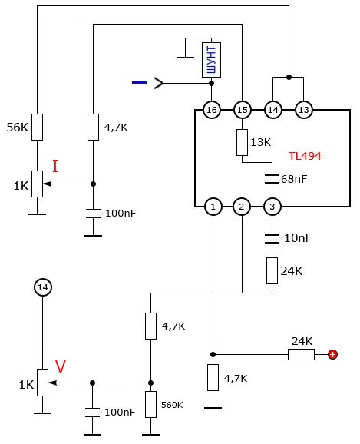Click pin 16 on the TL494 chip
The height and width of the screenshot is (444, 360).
pyautogui.click(x=212, y=110)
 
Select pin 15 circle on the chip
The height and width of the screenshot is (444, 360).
pyautogui.click(x=243, y=110)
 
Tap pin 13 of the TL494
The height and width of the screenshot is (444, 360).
pyautogui.click(x=304, y=110)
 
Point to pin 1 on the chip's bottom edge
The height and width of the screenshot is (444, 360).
pyautogui.click(x=213, y=207)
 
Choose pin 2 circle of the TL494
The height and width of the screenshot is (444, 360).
pyautogui.click(x=242, y=207)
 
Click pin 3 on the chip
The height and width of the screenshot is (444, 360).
pyautogui.click(x=272, y=207)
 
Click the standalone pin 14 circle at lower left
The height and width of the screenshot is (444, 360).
pyautogui.click(x=43, y=287)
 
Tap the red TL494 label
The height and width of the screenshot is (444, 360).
pyautogui.click(x=305, y=156)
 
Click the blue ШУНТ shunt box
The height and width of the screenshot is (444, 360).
pyautogui.click(x=211, y=60)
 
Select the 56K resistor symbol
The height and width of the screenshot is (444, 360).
pyautogui.click(x=37, y=128)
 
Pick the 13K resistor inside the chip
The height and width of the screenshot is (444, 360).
pyautogui.click(x=242, y=142)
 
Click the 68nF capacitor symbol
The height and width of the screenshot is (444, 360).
pyautogui.click(x=272, y=179)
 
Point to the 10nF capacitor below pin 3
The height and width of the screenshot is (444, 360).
pyautogui.click(x=272, y=239)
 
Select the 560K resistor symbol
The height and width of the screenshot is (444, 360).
pyautogui.click(x=151, y=404)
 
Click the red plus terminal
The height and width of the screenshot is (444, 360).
pyautogui.click(x=333, y=354)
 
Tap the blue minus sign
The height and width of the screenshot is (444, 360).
pyautogui.click(x=139, y=82)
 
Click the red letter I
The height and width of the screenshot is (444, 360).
pyautogui.click(x=55, y=166)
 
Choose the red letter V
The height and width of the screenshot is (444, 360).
pyautogui.click(x=61, y=366)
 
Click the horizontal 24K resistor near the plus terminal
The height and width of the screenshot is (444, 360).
pyautogui.click(x=301, y=354)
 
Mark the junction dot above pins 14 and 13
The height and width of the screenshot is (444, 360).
pyautogui.click(x=289, y=77)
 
